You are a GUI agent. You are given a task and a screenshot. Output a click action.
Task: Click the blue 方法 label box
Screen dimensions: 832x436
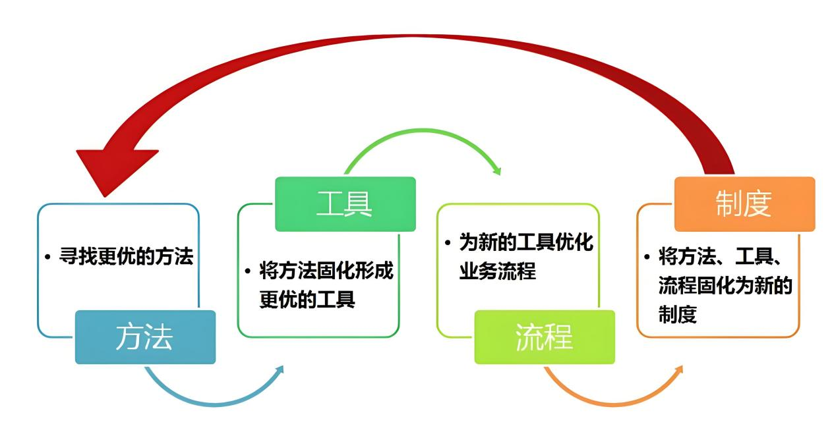pos(145,337)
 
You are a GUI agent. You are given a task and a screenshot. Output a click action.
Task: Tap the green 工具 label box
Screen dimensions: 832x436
pos(345,204)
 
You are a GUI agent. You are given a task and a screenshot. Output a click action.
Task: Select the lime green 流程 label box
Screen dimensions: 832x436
pos(545,337)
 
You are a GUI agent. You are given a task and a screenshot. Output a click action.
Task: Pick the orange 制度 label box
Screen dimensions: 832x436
pos(745,204)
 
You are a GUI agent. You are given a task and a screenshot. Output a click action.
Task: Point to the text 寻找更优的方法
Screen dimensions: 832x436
pos(126,256)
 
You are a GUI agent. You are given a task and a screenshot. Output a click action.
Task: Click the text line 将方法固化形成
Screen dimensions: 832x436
pos(326,270)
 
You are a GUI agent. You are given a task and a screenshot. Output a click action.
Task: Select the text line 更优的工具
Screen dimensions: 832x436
pos(307,299)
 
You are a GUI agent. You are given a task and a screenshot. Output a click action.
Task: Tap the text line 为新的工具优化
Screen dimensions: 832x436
pos(526,242)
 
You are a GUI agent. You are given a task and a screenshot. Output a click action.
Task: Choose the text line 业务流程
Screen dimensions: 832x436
pos(497,271)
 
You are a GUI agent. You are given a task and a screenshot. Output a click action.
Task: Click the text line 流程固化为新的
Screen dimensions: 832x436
pos(725,285)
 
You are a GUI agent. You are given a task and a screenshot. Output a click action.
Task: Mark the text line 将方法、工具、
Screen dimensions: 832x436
pos(721,256)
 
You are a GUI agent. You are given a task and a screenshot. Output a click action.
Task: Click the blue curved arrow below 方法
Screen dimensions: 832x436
pos(215,403)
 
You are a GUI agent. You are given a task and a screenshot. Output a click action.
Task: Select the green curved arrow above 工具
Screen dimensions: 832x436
pos(423,130)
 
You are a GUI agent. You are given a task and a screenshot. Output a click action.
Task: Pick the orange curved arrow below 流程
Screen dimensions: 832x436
pos(613,403)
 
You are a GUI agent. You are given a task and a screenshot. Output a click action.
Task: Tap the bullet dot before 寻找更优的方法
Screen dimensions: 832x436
pos(47,257)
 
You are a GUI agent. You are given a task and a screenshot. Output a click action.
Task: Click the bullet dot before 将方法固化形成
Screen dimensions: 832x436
pos(247,271)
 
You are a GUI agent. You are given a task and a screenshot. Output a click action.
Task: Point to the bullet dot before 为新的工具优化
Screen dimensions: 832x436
pos(448,243)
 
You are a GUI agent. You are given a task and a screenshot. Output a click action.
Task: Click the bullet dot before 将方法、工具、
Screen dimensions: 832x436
pos(647,257)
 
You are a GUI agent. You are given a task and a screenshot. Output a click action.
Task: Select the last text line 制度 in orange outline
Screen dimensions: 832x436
pos(678,314)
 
